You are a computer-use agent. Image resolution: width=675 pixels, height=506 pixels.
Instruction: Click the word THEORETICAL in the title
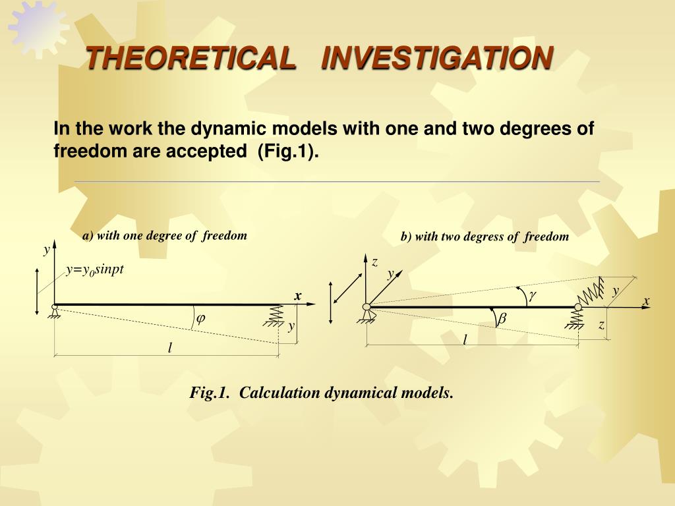point(191,58)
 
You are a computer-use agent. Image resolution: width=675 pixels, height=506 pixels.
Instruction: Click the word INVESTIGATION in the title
point(438,58)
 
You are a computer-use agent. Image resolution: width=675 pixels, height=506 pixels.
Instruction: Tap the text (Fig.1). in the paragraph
point(288,151)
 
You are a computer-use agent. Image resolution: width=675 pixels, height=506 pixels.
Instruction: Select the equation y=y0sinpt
point(95,269)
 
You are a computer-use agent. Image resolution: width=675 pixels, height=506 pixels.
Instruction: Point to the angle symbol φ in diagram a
point(200,319)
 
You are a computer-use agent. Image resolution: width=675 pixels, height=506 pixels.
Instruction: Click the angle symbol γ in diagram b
point(533,295)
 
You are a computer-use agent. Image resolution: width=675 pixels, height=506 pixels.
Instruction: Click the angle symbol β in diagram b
point(502,319)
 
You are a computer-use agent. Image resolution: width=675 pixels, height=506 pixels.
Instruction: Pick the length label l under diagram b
point(465,339)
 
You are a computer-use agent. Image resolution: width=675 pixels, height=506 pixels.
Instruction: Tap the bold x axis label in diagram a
point(297,296)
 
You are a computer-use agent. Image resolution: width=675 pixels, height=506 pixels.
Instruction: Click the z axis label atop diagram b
point(375,262)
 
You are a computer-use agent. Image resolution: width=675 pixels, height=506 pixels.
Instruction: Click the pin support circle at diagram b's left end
point(367,307)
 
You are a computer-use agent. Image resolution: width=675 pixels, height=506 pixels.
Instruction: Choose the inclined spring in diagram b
point(591,291)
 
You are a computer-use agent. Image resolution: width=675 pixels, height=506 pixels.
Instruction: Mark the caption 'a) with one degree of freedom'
point(165,236)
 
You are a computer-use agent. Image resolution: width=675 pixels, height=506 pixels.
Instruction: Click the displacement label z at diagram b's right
point(601,325)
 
